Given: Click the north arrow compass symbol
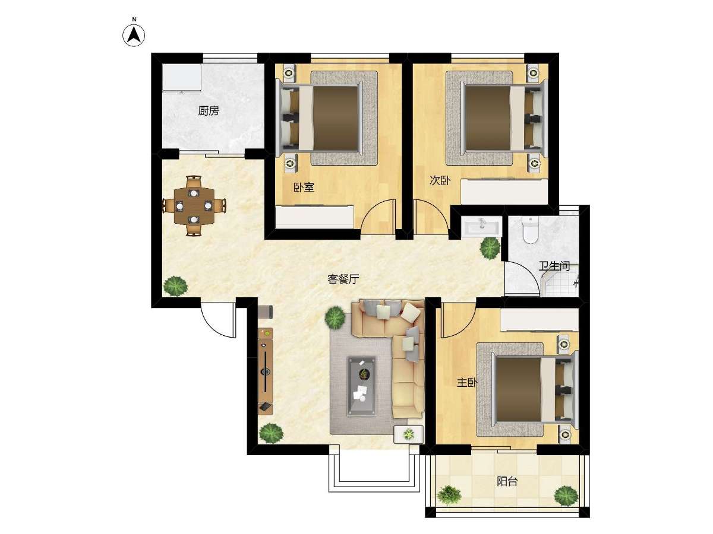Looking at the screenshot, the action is point(134,36).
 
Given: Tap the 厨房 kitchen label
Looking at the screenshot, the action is point(209,111).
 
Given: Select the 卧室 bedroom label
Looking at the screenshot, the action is point(304,187).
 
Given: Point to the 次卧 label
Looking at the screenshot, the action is point(440,180).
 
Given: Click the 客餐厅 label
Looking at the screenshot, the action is point(343,279).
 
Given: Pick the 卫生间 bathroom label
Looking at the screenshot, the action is point(554,266).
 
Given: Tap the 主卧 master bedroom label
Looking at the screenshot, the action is point(467,383).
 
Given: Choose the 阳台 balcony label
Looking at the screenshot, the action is point(507,481).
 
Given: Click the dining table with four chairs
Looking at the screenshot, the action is point(194,205).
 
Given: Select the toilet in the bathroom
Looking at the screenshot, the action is point(530,230).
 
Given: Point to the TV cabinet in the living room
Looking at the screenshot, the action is point(266,371).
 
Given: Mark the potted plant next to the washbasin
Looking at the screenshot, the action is point(490,248).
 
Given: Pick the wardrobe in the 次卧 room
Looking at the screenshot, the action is point(504,191).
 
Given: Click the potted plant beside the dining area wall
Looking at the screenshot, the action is point(175,286).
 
